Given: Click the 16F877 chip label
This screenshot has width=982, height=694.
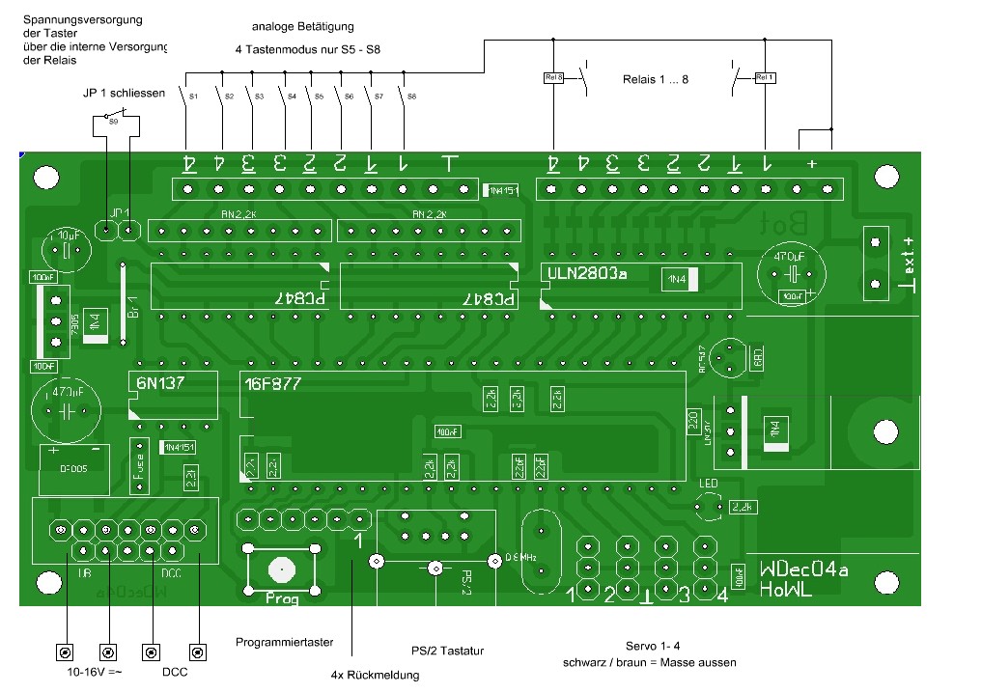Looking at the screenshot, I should (x=273, y=383).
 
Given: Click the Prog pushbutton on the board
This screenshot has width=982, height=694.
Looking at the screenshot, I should (x=282, y=570).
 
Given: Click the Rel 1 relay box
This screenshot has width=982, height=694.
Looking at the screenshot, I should (x=765, y=77).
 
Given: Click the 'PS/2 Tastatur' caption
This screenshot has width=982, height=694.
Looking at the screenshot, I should (x=447, y=652).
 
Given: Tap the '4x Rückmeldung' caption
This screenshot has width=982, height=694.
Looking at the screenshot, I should (x=375, y=675).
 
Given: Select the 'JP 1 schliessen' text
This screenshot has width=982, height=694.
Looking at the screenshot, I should (x=125, y=94).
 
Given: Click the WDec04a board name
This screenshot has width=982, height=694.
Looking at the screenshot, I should (x=803, y=570).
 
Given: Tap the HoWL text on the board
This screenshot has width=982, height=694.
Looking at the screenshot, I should (x=785, y=590).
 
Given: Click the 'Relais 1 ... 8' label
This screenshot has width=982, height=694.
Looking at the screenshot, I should (x=656, y=79).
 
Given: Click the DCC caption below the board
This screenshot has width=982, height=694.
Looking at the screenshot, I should (x=175, y=672).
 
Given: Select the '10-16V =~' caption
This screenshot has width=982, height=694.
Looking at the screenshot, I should (x=88, y=672).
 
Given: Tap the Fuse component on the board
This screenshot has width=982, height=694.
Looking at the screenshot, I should (x=138, y=464).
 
